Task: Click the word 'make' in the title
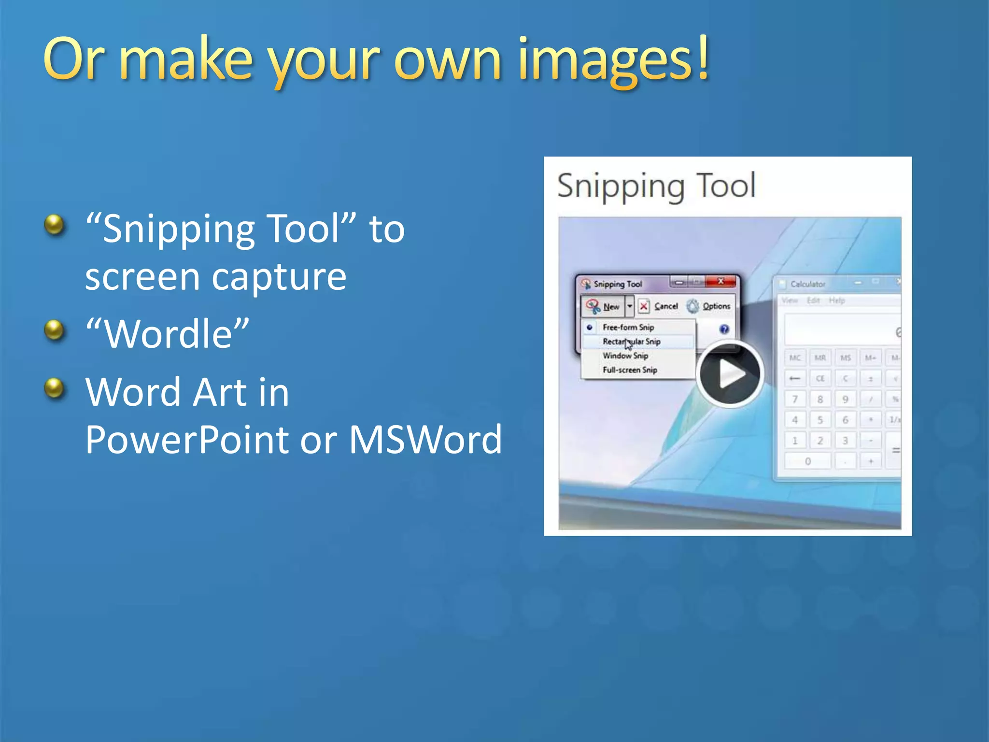point(186,60)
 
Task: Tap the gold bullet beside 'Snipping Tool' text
point(54,225)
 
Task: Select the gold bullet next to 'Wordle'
point(54,330)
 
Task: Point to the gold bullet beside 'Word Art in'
point(54,388)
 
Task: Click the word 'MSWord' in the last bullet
point(425,440)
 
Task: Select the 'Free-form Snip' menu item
point(628,328)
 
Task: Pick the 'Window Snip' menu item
point(625,356)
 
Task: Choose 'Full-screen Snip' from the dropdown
point(629,370)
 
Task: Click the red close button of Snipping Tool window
point(721,281)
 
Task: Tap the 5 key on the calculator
point(820,420)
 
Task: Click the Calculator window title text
point(807,284)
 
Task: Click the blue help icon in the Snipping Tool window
point(724,329)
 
